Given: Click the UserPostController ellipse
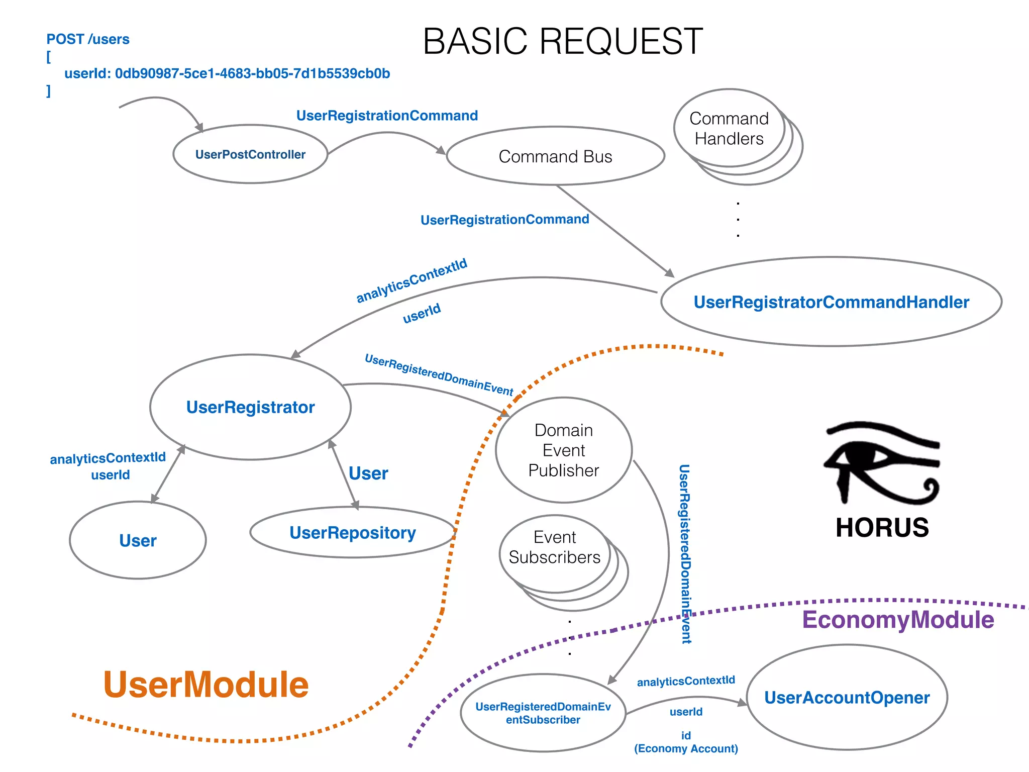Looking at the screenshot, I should point(250,154).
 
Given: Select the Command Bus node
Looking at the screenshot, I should point(555,156).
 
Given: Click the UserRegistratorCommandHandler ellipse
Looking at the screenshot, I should point(831,302).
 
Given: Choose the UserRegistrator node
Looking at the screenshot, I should point(250,407).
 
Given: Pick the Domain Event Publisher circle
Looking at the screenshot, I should point(563,450).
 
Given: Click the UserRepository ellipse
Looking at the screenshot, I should point(352,533).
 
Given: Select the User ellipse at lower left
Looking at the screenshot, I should point(138,541).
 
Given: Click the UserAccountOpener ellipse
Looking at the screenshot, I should point(847,698).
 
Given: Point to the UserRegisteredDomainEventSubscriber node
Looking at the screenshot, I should point(543,713).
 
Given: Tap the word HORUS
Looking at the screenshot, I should point(882,528).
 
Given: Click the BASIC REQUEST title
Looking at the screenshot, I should point(563,41).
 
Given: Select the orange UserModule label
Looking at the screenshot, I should point(205,685).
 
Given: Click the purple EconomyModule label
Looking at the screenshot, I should point(898,620).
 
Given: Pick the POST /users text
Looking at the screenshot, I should point(88,39).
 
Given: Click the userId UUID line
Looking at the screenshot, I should point(227,73).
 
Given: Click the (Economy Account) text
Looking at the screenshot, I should point(686,749).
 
